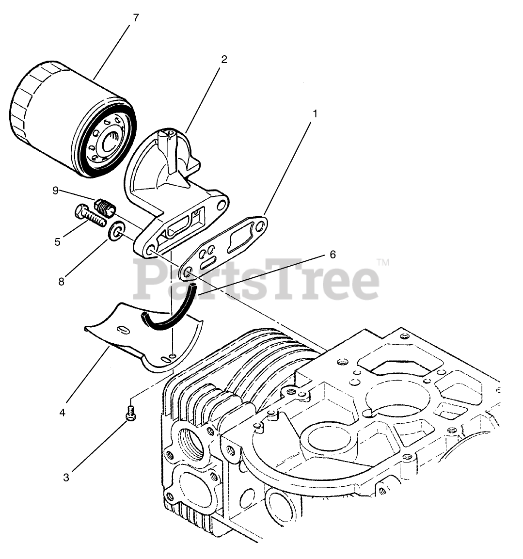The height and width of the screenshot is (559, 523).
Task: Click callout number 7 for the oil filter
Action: (x=135, y=18)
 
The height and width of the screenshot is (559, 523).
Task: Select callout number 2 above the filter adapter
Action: (x=224, y=59)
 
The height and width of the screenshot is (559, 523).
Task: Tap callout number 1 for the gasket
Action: (x=315, y=114)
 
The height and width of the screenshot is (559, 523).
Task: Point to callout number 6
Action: (x=333, y=255)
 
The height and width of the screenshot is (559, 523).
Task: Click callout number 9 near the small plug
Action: (x=56, y=191)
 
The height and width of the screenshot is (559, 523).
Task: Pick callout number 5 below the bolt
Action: (x=57, y=242)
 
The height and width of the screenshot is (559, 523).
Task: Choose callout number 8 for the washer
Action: (x=62, y=282)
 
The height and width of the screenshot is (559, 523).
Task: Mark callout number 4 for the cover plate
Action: (x=63, y=413)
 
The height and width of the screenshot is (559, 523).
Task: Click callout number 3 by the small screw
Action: (x=66, y=478)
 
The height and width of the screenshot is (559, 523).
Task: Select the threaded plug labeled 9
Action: (x=105, y=208)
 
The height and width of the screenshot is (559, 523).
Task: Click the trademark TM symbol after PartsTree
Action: (x=383, y=263)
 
